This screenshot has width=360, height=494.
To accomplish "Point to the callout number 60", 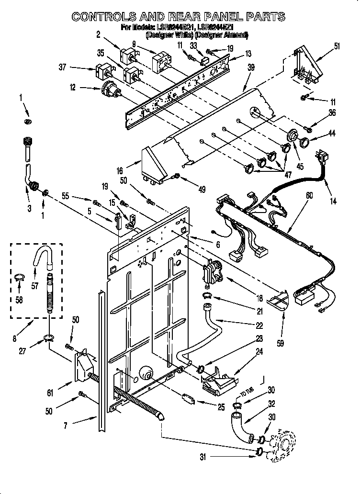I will click(x=310, y=195).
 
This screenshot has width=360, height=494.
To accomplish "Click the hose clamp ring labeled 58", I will click(x=19, y=277).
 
